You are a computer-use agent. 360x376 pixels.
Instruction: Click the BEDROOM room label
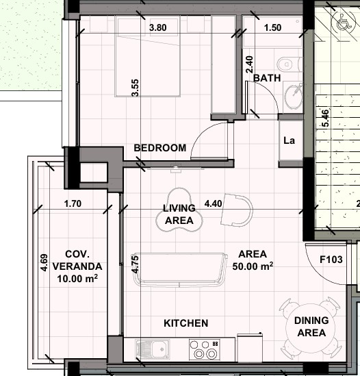[159, 148]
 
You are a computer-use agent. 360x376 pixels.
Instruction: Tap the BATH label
[267, 78]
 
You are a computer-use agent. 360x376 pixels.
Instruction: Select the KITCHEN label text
[185, 323]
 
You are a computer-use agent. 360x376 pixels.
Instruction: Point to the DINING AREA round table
[311, 327]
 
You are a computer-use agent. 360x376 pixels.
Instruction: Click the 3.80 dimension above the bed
[158, 28]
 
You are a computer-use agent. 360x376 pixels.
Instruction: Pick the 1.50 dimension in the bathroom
[272, 28]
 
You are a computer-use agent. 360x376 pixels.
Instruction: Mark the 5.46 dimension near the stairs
[325, 118]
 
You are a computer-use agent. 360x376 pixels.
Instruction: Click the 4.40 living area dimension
[213, 203]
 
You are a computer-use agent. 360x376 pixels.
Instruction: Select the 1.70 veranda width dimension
[72, 203]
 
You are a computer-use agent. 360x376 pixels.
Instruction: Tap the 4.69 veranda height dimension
[44, 264]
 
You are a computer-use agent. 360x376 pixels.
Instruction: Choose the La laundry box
[289, 141]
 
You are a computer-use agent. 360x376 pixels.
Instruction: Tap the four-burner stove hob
[205, 349]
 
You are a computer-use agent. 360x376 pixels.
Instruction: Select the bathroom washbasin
[294, 96]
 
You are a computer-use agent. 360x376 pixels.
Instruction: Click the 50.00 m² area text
[253, 266]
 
